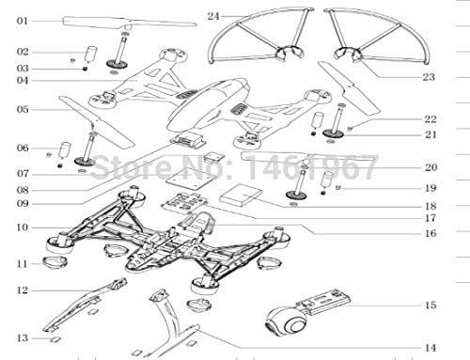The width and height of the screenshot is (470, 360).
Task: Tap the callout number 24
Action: click(213, 16)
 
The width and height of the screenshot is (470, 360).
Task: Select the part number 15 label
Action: click(431, 305)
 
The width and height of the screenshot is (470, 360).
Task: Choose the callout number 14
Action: click(431, 348)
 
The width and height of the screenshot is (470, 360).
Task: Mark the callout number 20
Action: click(431, 167)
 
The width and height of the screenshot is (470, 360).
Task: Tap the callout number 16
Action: click(431, 233)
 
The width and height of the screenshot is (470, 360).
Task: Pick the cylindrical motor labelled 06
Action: click(65, 149)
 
